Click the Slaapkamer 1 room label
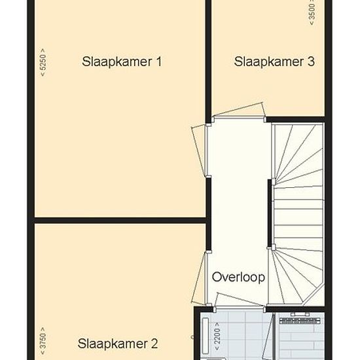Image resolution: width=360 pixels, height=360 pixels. (122, 62)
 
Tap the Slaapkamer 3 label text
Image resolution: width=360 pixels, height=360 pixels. (274, 62)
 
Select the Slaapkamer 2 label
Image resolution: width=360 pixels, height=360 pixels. (118, 344)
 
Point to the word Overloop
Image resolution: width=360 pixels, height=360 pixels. (238, 277)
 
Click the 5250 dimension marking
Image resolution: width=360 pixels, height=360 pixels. (43, 62)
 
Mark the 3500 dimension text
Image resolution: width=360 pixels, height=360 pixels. (312, 12)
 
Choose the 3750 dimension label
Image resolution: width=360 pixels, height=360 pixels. (43, 341)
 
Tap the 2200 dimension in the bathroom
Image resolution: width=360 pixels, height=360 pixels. (217, 336)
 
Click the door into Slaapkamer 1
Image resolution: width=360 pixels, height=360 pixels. (199, 151)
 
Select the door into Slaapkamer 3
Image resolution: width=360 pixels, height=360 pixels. (239, 110)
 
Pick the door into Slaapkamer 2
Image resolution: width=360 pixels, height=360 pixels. (199, 278)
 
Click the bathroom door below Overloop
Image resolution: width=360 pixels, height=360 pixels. (239, 300)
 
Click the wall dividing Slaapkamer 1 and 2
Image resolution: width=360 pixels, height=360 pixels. (120, 221)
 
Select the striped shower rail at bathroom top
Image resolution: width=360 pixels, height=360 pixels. (300, 321)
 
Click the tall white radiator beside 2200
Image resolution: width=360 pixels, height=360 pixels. (205, 336)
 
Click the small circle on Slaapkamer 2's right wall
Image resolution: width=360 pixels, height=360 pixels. (192, 337)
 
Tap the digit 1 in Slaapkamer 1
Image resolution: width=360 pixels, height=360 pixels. (158, 62)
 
